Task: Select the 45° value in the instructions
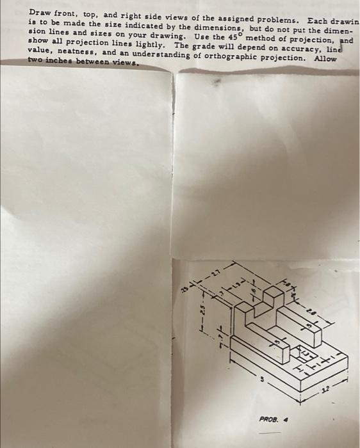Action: (x=218, y=36)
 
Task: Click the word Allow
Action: (x=325, y=57)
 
